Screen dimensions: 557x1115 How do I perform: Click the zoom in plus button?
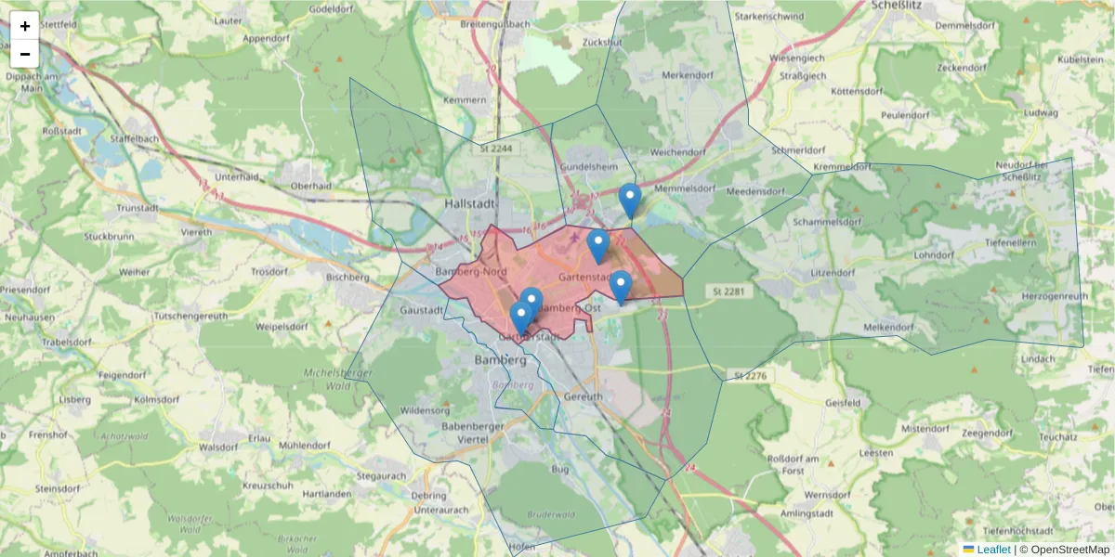(x=25, y=26)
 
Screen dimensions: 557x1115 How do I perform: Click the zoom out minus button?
(x=25, y=54)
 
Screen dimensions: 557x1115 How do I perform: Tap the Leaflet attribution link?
(x=993, y=550)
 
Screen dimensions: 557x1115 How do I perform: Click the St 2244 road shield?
(x=496, y=148)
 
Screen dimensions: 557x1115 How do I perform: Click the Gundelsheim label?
(x=588, y=166)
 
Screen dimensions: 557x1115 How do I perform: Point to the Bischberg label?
(x=348, y=277)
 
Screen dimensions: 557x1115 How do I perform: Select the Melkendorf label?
(x=888, y=328)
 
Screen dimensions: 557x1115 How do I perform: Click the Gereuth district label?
(x=584, y=396)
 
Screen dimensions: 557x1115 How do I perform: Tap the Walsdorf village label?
(x=219, y=447)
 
